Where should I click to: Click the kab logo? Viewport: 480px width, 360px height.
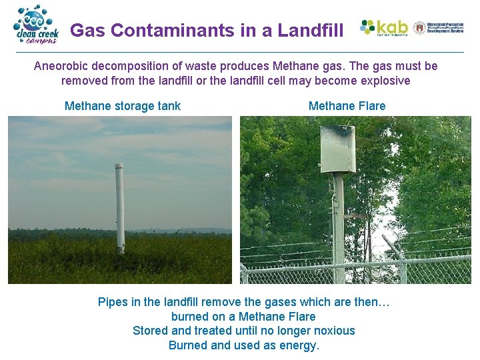tap(384, 28)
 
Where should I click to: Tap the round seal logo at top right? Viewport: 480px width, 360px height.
tap(419, 28)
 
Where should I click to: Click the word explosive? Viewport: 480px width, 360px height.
tap(385, 81)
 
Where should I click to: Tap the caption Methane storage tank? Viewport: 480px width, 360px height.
tap(123, 106)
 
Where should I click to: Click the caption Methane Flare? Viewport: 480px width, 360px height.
tap(347, 106)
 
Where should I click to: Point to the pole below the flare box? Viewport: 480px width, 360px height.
tap(339, 220)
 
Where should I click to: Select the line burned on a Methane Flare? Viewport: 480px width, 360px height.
tap(243, 317)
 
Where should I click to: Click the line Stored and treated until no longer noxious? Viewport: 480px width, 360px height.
tap(243, 331)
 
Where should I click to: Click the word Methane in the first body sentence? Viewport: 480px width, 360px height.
tap(294, 66)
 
